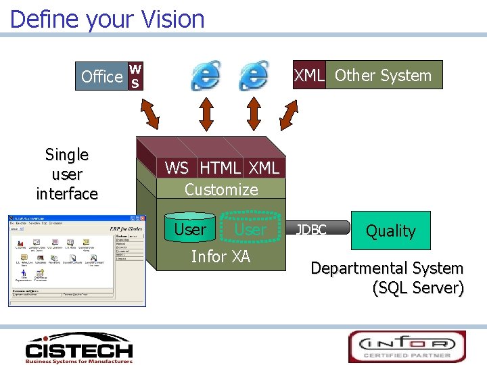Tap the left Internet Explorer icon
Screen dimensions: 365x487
[x=206, y=75]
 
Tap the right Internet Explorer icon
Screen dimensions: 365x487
[x=254, y=75]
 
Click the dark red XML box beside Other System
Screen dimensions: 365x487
[x=308, y=75]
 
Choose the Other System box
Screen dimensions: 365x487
[x=384, y=75]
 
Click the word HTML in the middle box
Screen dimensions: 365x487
[x=220, y=168]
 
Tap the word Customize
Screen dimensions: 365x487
[x=221, y=189]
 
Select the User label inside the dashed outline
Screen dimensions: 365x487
[x=250, y=230]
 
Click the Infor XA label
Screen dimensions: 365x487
[x=221, y=256]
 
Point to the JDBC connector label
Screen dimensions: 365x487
[x=311, y=230]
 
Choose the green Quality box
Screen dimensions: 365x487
[x=390, y=230]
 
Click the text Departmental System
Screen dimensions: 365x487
[x=386, y=268]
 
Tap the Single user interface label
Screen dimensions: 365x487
[x=67, y=174]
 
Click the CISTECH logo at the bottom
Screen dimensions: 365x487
[x=78, y=348]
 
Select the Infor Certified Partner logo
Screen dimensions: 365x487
[x=407, y=346]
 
